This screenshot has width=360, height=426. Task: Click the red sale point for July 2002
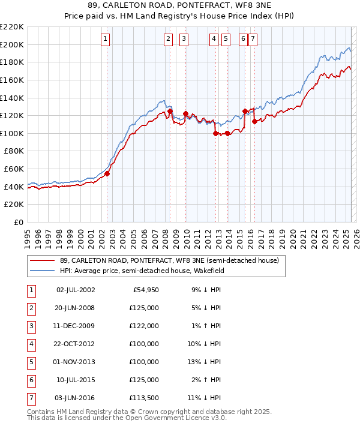coord(107,174)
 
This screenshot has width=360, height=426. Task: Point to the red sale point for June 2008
coord(170,111)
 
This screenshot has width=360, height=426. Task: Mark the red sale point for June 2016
coord(254,121)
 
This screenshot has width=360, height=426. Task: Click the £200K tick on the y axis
coord(13,44)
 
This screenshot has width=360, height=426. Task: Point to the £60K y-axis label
coord(14,169)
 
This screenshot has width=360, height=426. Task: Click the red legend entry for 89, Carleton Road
coord(169,261)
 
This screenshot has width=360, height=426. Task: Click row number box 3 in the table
coord(31,326)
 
